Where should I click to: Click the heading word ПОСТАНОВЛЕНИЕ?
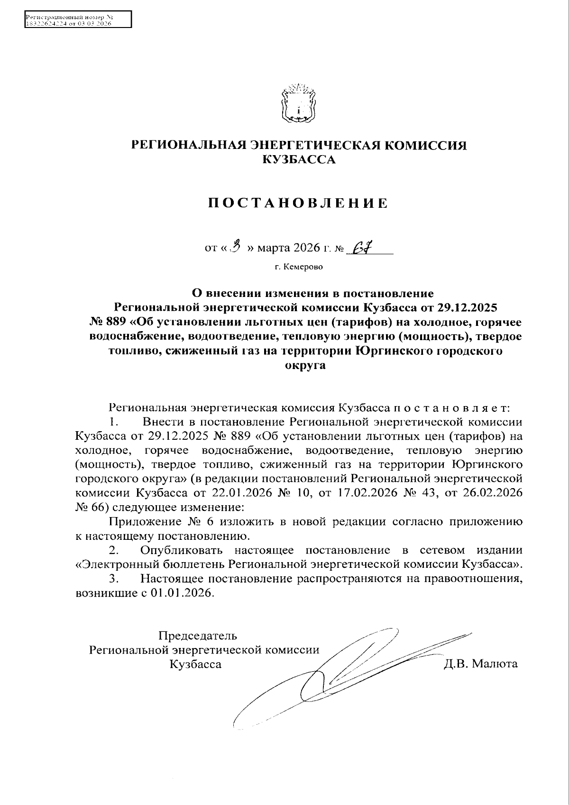[x=299, y=203]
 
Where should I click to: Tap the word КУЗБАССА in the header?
[x=299, y=160]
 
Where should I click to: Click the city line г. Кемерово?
[x=299, y=267]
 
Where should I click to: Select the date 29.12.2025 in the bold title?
[x=467, y=307]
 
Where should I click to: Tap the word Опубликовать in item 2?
[x=181, y=550]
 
